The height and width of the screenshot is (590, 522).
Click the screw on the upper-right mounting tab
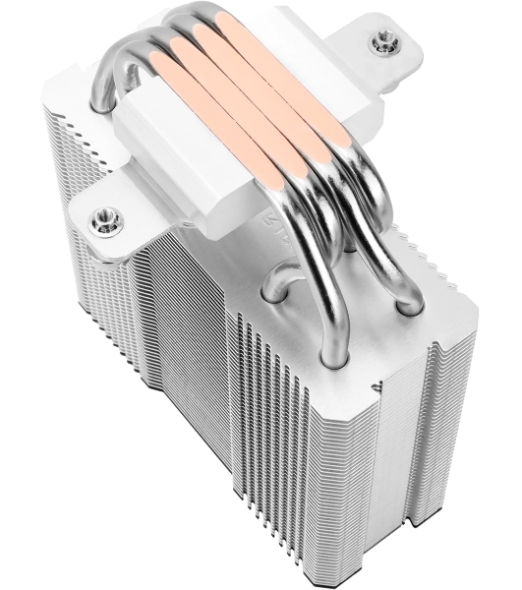(378, 41)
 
